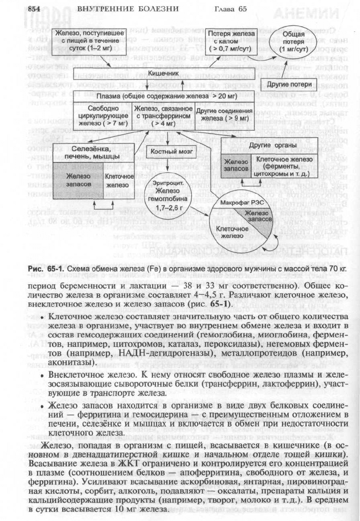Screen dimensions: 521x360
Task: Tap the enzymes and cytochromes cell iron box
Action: [x=280, y=164]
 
